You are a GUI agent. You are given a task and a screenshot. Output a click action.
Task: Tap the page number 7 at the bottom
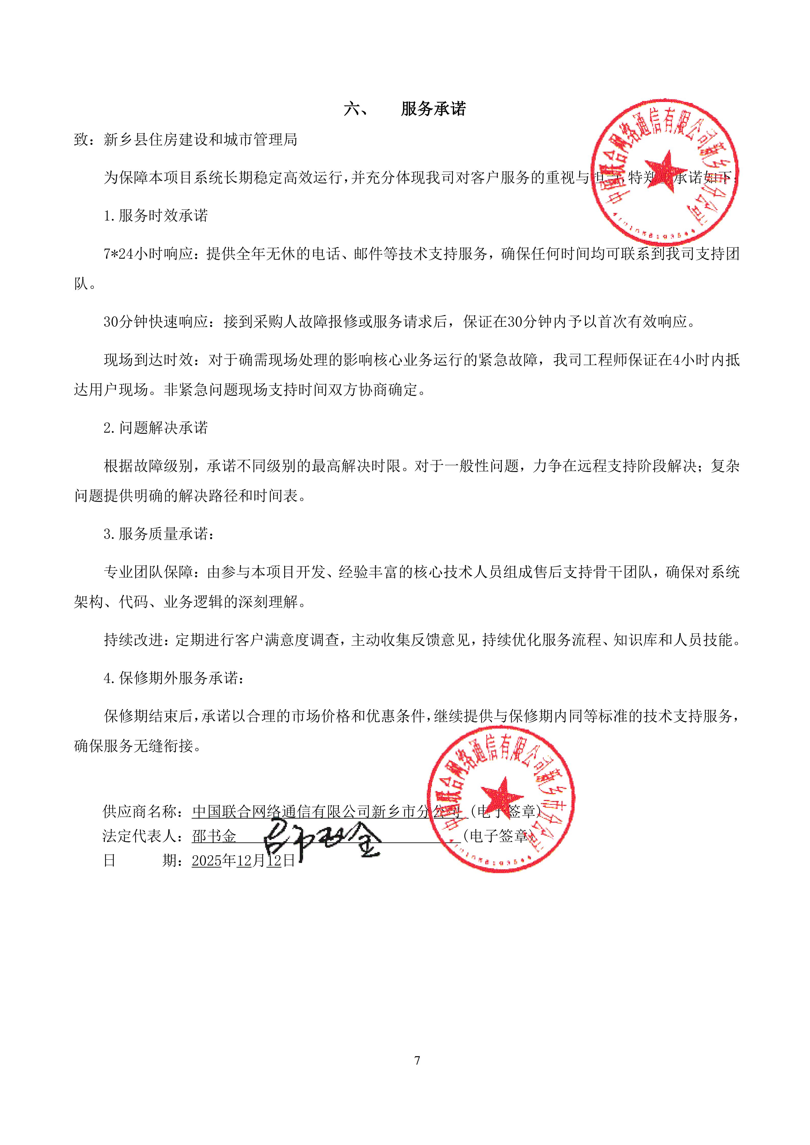click(x=417, y=1060)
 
